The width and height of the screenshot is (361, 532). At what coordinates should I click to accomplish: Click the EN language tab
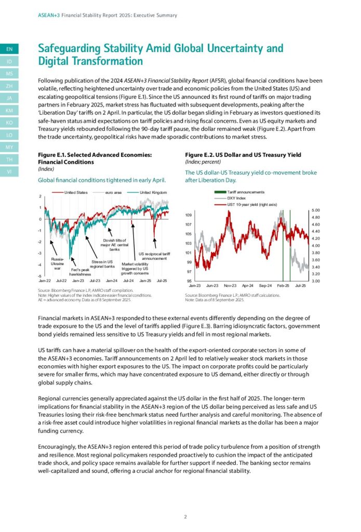tap(9, 49)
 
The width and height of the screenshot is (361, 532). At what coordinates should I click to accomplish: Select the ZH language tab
tap(9, 86)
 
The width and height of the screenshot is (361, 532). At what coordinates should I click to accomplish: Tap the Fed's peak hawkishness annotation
tap(80, 272)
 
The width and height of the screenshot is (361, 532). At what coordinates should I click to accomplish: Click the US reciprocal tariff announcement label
tap(154, 255)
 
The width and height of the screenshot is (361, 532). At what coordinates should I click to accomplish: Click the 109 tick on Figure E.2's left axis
tap(189, 215)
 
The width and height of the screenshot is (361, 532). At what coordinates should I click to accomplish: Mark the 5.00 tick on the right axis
tap(316, 210)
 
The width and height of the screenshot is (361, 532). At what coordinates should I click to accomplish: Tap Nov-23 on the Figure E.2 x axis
tap(230, 286)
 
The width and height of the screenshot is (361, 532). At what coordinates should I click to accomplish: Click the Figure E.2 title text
tap(243, 155)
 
